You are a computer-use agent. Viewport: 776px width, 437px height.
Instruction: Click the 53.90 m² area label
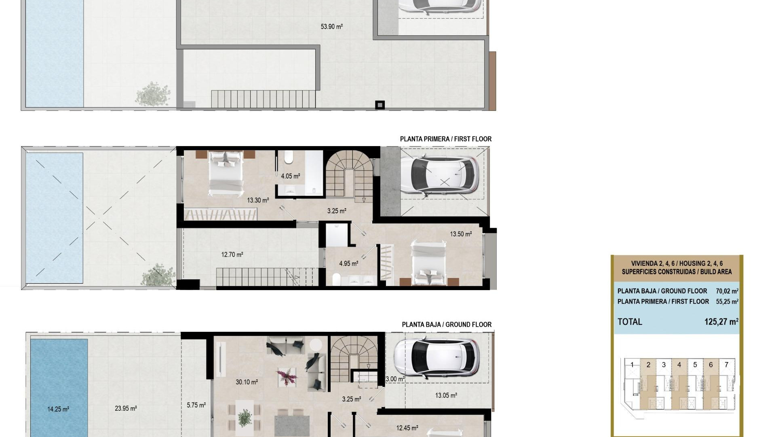(331, 27)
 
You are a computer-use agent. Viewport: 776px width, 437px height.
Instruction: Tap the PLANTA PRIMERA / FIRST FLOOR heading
(445, 139)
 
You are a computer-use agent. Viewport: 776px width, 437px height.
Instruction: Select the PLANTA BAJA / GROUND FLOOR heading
(446, 325)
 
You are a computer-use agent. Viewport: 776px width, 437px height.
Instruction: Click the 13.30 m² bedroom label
(258, 200)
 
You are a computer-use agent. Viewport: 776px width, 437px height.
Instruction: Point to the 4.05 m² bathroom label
(290, 176)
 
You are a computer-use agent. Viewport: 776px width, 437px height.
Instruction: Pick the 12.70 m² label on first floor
(232, 255)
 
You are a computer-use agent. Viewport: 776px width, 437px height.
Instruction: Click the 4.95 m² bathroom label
(348, 263)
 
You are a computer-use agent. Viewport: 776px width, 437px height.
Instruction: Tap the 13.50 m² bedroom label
(461, 234)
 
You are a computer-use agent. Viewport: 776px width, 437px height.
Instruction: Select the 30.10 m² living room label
(247, 382)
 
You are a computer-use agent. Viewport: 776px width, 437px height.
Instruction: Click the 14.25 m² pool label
(58, 409)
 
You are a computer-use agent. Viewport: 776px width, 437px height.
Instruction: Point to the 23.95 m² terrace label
(125, 408)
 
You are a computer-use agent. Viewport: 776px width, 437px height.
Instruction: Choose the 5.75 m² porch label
(196, 405)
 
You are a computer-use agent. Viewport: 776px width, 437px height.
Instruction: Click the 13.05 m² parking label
(446, 395)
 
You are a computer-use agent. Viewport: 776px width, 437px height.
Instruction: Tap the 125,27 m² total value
(721, 322)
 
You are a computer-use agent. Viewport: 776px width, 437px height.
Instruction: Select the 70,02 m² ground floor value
(727, 291)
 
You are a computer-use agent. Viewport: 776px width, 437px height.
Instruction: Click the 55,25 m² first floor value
(727, 301)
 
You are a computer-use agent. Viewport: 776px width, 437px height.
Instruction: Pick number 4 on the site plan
(679, 365)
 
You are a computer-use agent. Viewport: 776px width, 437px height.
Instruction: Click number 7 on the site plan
(726, 365)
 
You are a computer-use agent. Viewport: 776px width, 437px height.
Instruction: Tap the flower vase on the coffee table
(287, 376)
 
